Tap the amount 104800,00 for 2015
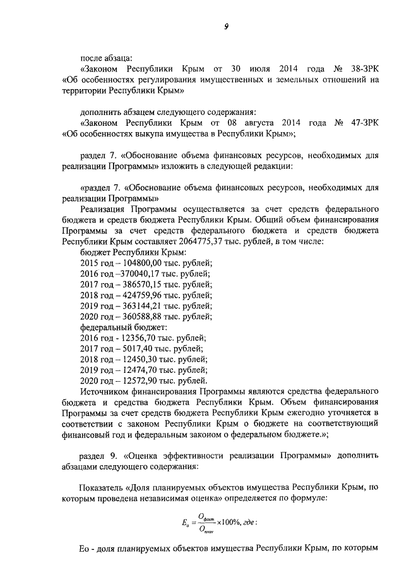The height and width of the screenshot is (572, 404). (136, 263)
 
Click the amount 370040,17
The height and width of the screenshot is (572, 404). (136, 274)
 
